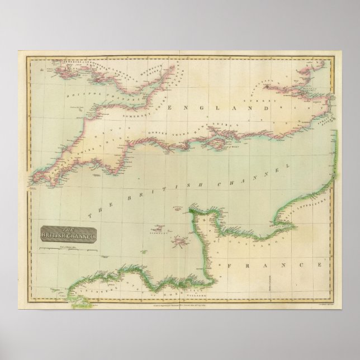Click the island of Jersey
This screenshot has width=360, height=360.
click(x=181, y=242)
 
